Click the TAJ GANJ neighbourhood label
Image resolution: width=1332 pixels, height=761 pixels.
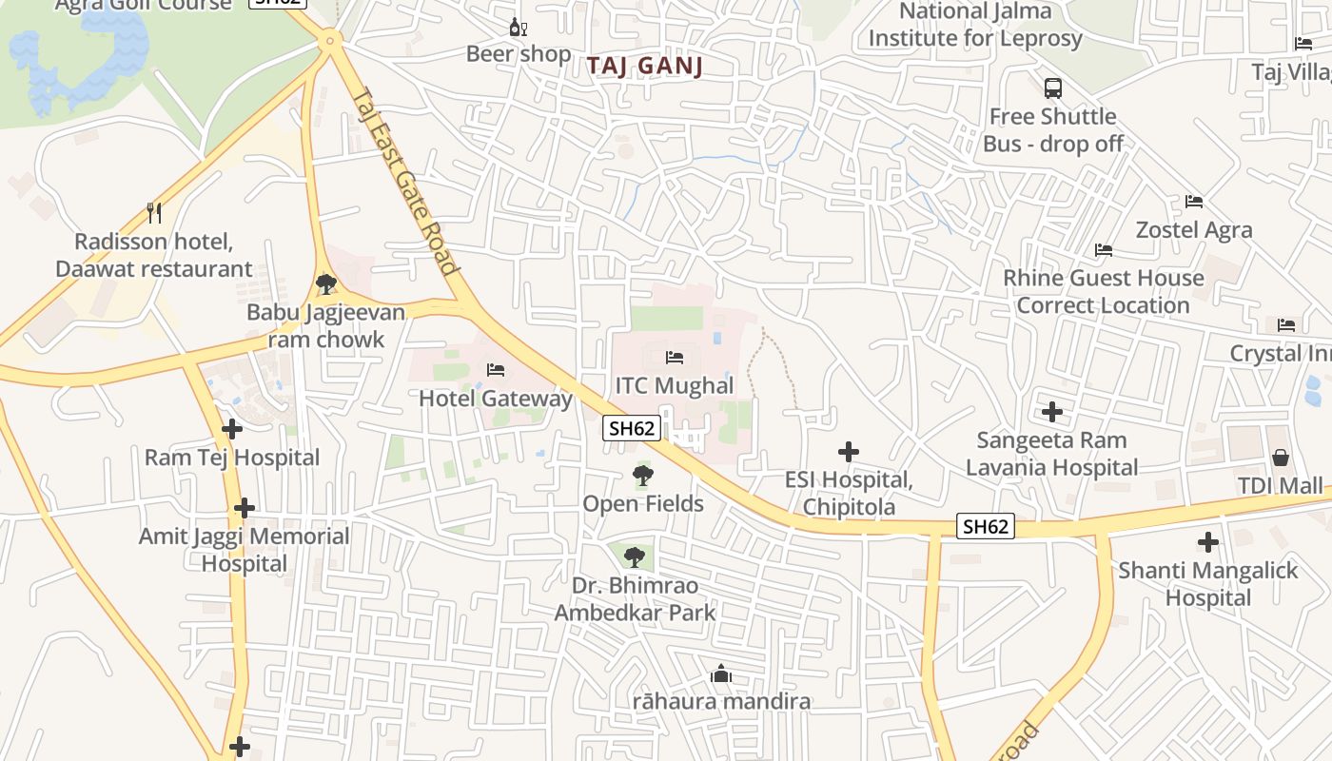644,66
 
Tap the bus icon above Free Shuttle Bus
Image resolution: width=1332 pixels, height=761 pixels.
1052,88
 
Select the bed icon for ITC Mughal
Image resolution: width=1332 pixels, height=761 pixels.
675,358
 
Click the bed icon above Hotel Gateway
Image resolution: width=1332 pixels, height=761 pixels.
495,370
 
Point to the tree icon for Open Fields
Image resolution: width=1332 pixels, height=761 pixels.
643,476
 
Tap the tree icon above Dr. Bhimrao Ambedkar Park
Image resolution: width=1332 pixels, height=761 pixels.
634,557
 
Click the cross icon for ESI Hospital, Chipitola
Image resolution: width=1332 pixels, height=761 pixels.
848,452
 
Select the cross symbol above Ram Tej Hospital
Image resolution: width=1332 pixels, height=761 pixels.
232,429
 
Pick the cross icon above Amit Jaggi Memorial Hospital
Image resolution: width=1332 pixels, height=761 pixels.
245,508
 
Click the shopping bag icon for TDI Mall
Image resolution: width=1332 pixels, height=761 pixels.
1280,458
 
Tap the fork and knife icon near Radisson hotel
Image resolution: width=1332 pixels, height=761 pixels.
154,212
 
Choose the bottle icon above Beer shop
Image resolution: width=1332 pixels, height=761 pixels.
518,27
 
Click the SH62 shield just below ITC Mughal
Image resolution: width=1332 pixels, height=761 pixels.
632,428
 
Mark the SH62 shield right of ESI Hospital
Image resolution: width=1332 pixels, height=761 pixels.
986,526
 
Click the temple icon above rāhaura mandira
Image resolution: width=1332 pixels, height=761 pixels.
721,674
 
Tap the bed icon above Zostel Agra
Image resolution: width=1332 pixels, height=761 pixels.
1194,202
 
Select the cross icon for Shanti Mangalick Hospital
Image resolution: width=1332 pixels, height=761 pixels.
1207,542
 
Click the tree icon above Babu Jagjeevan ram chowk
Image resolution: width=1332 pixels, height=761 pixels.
325,283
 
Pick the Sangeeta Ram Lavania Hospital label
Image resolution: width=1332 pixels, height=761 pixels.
1051,454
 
